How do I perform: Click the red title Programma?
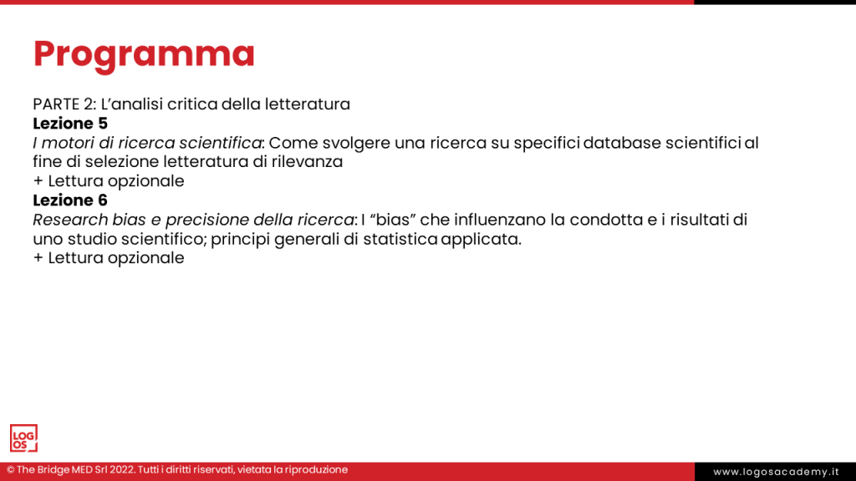click(x=144, y=54)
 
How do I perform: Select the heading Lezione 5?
click(x=70, y=124)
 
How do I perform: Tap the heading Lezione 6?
click(x=70, y=200)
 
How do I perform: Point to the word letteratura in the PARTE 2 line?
click(x=307, y=104)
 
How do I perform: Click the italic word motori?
click(x=68, y=143)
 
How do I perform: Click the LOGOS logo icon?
click(x=23, y=438)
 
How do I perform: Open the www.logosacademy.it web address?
click(x=776, y=472)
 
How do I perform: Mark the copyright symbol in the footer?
click(x=11, y=470)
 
